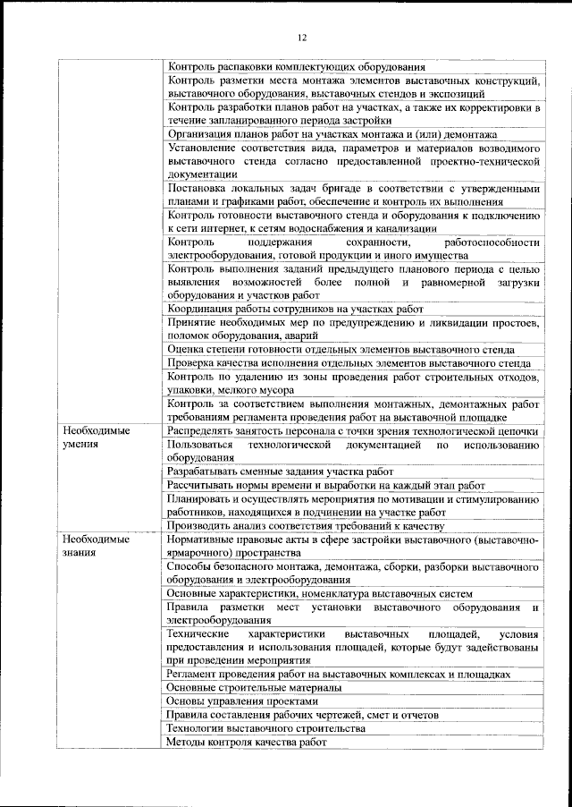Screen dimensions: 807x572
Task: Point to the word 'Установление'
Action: tap(204, 148)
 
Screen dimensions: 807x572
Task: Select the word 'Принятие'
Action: tap(192, 322)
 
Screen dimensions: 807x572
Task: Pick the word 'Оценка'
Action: tap(186, 349)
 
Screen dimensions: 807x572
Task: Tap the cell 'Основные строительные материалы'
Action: tap(254, 687)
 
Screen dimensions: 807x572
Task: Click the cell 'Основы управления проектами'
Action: tap(242, 701)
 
